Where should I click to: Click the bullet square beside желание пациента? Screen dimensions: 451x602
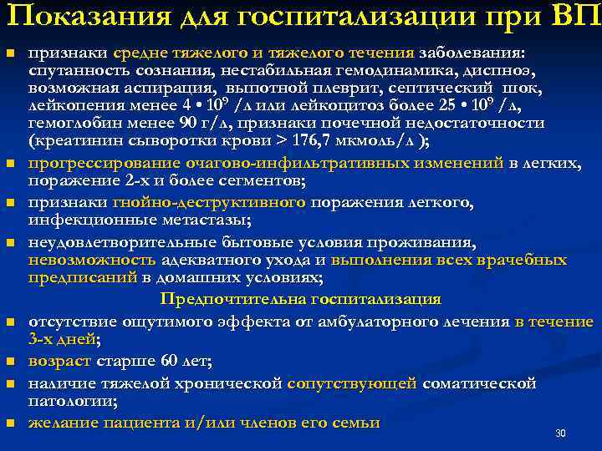(x=10, y=423)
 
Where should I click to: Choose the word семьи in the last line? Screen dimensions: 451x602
(x=357, y=423)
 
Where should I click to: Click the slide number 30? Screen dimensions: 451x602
(x=561, y=433)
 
